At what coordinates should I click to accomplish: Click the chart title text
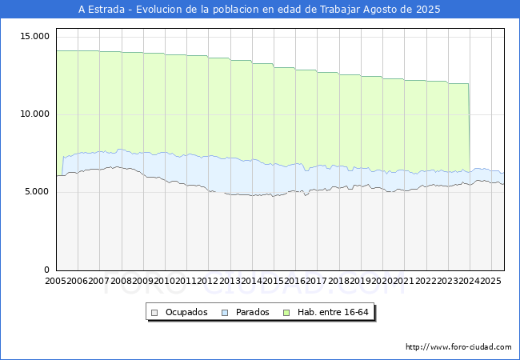point(259,10)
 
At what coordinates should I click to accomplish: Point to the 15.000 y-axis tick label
point(35,37)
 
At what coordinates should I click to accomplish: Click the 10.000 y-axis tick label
point(35,114)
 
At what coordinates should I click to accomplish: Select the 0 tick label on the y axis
point(47,270)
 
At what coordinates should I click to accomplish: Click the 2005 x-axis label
point(56,282)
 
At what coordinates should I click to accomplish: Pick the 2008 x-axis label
point(122,282)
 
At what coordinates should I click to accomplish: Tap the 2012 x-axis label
point(208,282)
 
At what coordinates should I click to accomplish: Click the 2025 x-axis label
point(490,282)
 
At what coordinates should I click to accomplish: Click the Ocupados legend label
point(186,312)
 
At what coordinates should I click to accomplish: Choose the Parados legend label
point(253,312)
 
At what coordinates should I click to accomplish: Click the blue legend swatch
point(226,312)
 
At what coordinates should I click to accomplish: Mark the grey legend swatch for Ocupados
point(155,312)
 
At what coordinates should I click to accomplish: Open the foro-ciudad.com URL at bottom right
point(458,347)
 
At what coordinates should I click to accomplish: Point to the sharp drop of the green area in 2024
point(469,128)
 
